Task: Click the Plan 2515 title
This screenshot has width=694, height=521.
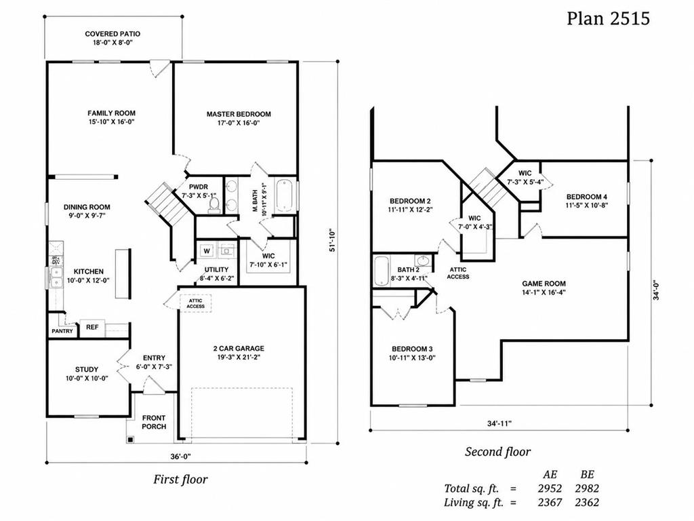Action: coord(608,18)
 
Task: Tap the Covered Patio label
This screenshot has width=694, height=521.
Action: coord(113,34)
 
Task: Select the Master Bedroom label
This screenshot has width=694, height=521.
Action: coord(239,114)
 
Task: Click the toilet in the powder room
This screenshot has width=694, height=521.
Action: coord(214,205)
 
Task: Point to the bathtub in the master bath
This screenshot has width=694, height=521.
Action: coord(284,196)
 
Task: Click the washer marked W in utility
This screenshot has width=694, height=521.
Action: coord(207,251)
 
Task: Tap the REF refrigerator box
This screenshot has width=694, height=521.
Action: coord(92,327)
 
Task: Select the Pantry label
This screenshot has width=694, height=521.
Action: coord(62,331)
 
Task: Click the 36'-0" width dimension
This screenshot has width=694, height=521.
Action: coord(180,457)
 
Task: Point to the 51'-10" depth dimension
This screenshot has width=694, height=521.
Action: coord(332,241)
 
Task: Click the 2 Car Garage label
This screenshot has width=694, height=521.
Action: coord(239,348)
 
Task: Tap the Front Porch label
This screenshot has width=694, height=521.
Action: coord(154,422)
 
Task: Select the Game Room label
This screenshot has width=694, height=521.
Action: coord(544,284)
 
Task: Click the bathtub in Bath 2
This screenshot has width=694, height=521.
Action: coord(381,271)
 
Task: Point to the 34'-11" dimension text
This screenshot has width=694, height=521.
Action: coord(499,423)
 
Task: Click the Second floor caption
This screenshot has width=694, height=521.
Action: coord(497,451)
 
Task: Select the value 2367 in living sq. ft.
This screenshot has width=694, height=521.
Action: coord(550,503)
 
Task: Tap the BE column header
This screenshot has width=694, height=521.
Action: coord(587,474)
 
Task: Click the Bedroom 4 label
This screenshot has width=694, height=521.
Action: coord(586,197)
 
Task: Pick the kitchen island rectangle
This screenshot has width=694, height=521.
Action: coord(123,273)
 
